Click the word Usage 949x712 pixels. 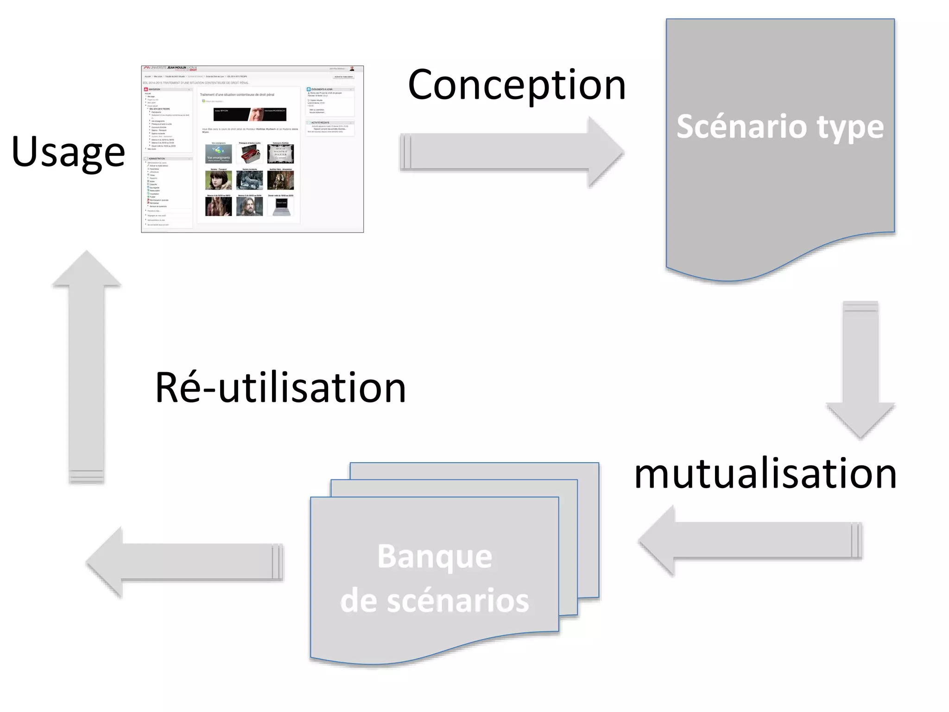tap(68, 152)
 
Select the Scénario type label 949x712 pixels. tap(780, 127)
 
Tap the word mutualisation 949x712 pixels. tap(765, 473)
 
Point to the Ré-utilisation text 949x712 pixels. tap(280, 388)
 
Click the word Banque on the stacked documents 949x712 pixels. tap(435, 556)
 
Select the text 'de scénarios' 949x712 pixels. tap(435, 601)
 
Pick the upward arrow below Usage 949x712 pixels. tap(87, 366)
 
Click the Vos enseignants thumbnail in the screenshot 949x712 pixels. tap(218, 154)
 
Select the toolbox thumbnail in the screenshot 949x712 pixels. tap(249, 154)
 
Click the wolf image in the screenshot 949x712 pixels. tap(249, 180)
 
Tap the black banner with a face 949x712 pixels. tap(250, 114)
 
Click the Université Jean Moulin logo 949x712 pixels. tap(171, 69)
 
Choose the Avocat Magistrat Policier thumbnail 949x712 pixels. tap(281, 154)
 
